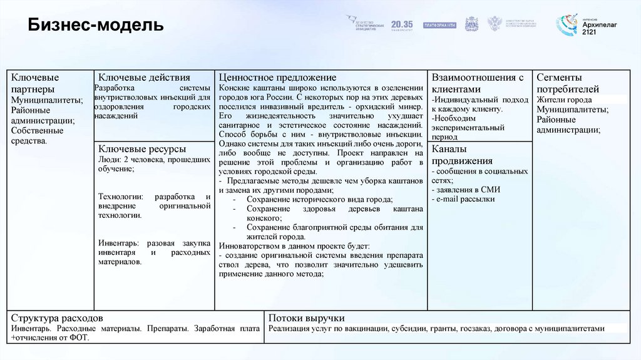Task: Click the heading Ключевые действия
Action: point(144,77)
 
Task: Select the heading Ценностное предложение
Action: point(277,77)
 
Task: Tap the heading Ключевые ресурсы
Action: point(141,149)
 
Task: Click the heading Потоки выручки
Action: point(307,317)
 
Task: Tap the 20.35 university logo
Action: point(402,24)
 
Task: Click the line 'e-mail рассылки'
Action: point(464,199)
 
